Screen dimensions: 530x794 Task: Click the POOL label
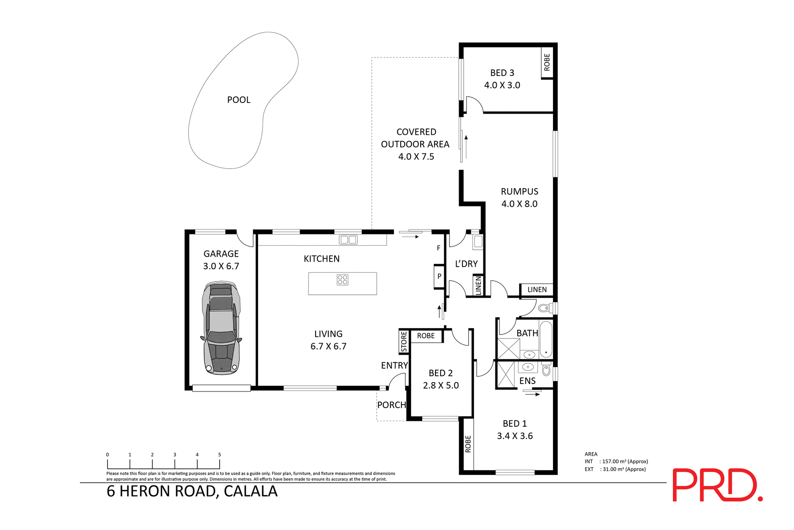pyautogui.click(x=239, y=100)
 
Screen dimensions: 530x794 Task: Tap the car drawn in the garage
pyautogui.click(x=221, y=328)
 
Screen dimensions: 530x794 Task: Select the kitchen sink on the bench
pyautogui.click(x=348, y=239)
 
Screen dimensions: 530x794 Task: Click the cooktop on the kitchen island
pyautogui.click(x=342, y=280)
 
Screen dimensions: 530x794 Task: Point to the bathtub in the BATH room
pyautogui.click(x=546, y=339)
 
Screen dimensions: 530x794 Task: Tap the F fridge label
pyautogui.click(x=438, y=248)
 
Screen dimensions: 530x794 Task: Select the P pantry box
pyautogui.click(x=439, y=276)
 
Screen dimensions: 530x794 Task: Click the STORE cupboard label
pyautogui.click(x=404, y=342)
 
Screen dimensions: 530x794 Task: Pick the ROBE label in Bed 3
pyautogui.click(x=547, y=62)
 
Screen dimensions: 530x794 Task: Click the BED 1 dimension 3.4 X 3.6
pyautogui.click(x=515, y=436)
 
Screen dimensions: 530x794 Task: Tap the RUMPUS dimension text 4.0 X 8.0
pyautogui.click(x=519, y=204)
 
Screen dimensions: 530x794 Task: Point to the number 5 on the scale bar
pyautogui.click(x=220, y=455)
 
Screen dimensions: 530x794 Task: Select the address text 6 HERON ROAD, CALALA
pyautogui.click(x=192, y=491)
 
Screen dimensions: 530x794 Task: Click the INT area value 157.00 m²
pyautogui.click(x=624, y=461)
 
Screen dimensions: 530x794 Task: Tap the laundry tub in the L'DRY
pyautogui.click(x=478, y=241)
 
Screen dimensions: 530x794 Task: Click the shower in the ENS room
pyautogui.click(x=506, y=375)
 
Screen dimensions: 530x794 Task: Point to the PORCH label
pyautogui.click(x=391, y=405)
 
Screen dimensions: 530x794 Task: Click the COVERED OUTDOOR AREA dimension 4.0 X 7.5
pyautogui.click(x=416, y=157)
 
